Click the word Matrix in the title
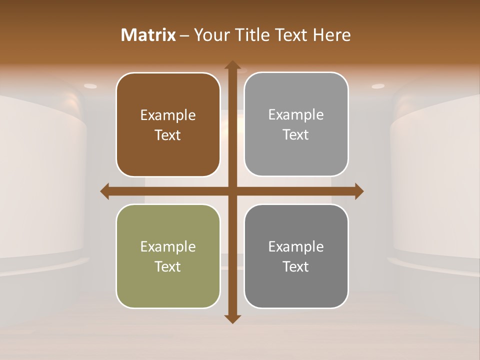(x=148, y=35)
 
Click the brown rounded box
(x=168, y=124)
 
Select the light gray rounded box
(x=296, y=124)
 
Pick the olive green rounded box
(x=168, y=256)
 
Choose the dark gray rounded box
(x=296, y=256)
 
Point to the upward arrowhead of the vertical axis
(x=232, y=65)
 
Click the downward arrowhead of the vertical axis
(x=232, y=318)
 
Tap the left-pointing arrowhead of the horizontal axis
(x=105, y=191)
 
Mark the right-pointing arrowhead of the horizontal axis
(x=358, y=191)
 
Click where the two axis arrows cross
(x=232, y=191)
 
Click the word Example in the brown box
(x=168, y=115)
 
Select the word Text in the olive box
(x=168, y=266)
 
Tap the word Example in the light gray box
(x=296, y=115)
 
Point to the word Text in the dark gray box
(x=296, y=266)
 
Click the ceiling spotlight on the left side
(x=90, y=86)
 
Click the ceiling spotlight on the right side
(x=378, y=86)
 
